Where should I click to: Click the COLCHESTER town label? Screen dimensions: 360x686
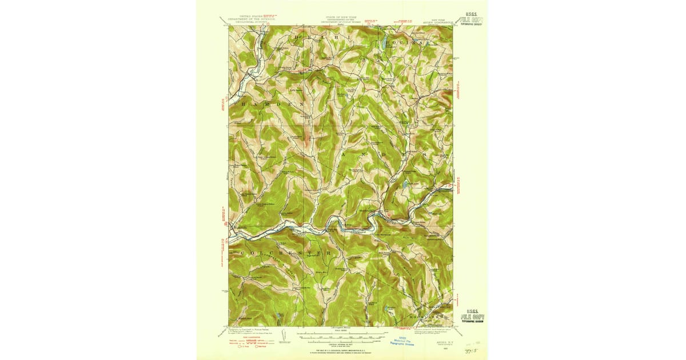[281, 252]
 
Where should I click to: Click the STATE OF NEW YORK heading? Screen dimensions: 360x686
[340, 19]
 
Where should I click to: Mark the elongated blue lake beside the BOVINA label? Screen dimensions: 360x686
[381, 43]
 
